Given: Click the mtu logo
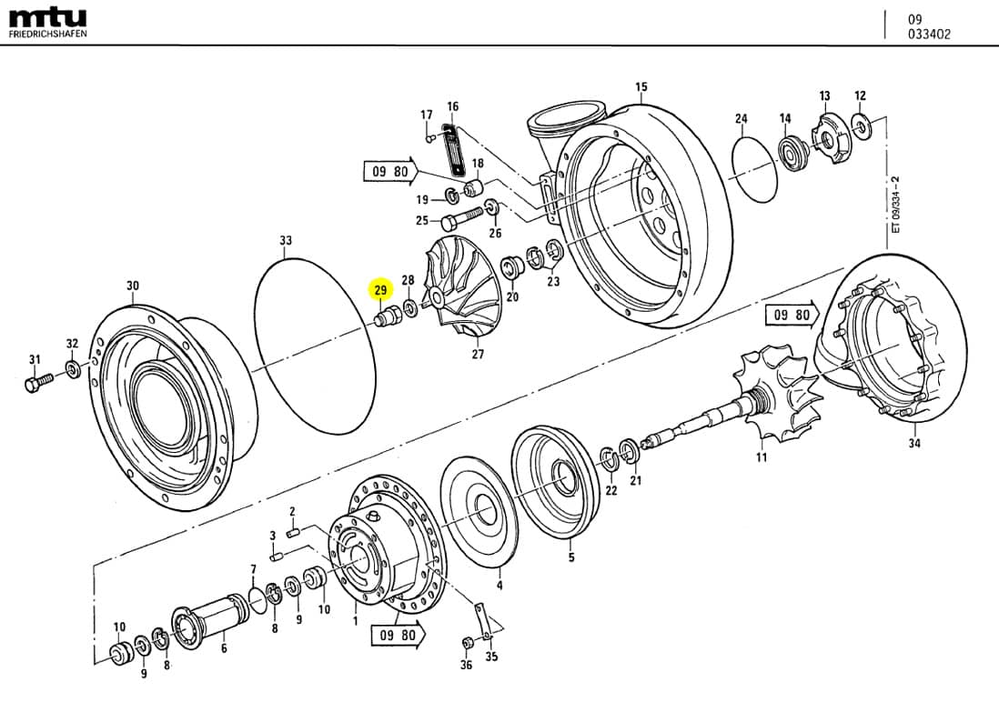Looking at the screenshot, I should [47, 17].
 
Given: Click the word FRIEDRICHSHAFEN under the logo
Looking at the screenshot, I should [48, 34].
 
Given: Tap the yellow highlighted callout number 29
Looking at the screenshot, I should [380, 290].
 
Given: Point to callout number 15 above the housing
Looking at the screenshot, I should [641, 87].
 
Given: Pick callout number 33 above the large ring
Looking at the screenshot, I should [286, 241].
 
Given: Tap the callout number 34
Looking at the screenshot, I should [913, 445].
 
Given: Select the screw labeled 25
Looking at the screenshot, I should [459, 219].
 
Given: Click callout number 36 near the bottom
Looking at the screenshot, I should [466, 666].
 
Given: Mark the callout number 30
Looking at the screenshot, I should [133, 286].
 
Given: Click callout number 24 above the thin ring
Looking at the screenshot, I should [741, 119].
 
